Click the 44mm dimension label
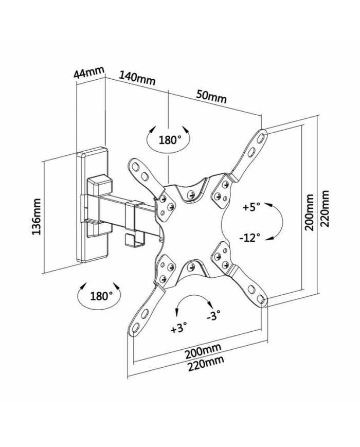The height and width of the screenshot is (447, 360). coord(89,72)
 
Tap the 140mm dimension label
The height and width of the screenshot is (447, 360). coord(137,78)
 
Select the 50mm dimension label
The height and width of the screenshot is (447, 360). coord(211,96)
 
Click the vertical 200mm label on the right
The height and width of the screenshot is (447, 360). coord(309,212)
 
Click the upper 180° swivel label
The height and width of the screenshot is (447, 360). coord(169,140)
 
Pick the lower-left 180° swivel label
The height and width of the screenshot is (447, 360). coord(101,296)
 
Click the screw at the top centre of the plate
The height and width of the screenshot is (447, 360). coord(191,194)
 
